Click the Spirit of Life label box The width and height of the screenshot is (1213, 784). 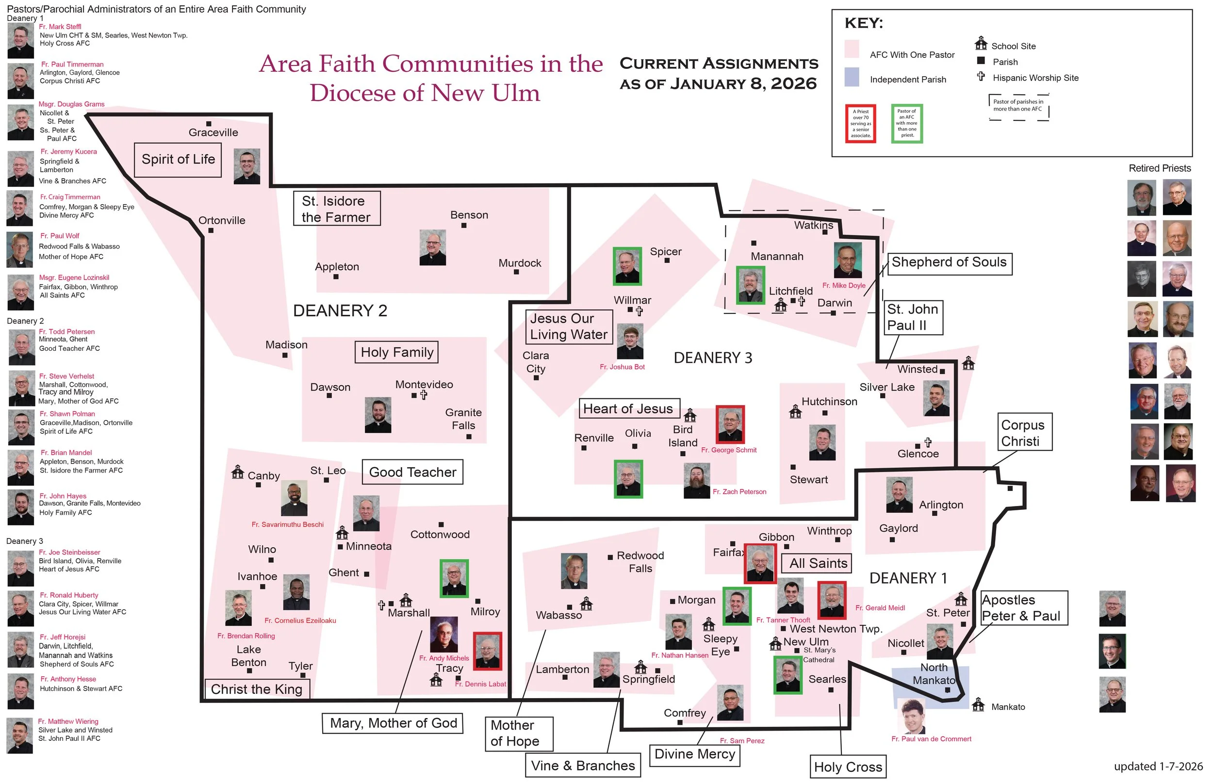pos(178,159)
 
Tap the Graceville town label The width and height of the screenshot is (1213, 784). pos(213,132)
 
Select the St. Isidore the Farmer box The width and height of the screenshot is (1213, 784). pos(336,209)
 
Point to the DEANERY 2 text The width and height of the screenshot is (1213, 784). pos(340,310)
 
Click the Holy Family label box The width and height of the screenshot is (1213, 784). pos(396,352)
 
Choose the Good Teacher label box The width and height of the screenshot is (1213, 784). pos(412,472)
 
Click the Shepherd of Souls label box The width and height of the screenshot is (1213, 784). pos(950,262)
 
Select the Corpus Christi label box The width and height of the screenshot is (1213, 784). pos(1024,432)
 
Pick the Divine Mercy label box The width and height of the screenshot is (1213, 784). pos(694,754)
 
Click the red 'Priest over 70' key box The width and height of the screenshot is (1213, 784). pos(860,124)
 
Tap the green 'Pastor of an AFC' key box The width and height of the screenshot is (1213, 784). pos(906,124)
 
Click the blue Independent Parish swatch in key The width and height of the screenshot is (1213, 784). pos(852,78)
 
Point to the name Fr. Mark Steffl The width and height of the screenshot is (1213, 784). pos(60,27)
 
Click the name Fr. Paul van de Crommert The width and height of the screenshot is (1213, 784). pos(931,739)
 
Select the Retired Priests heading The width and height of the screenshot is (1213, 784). pos(1160,168)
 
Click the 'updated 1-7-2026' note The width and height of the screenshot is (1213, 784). pos(1158,766)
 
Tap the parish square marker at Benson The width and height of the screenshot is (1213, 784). pos(464,226)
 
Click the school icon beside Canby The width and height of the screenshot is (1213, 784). pos(237,472)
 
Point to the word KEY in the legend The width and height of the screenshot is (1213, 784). pos(864,23)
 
